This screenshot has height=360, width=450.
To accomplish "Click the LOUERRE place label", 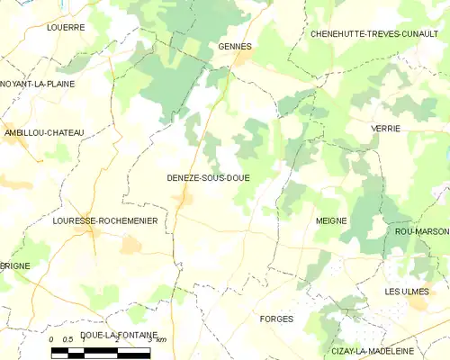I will pos(66,28).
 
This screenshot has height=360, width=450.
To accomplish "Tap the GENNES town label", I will pos(235,46).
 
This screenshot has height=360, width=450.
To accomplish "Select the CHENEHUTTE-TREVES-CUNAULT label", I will pos(373,33).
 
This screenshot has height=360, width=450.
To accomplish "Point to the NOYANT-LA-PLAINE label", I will pos(38,84).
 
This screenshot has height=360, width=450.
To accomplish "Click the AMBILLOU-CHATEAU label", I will pos(43,133).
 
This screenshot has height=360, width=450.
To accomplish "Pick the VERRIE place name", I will pos(385,129).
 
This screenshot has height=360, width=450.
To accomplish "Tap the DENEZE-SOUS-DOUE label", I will pos(208,178).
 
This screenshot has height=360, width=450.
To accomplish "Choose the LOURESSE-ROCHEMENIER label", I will pos(93,220).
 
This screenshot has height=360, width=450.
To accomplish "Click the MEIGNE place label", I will pos(331,220).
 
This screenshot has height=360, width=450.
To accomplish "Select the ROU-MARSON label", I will pos(421,231).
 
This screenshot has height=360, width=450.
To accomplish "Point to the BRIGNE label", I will pos(15,267).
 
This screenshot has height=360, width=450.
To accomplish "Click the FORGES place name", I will pos(276,319).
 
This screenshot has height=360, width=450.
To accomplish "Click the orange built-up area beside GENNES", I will pos(242,59).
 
